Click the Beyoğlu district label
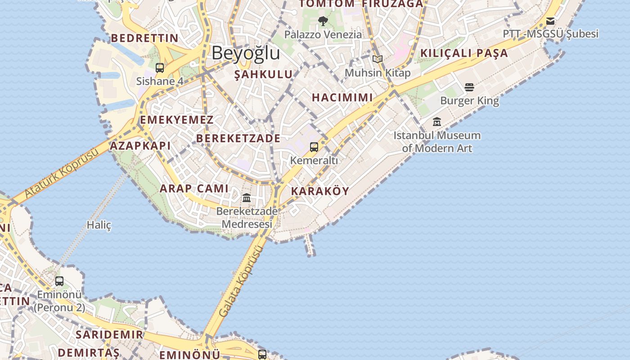pyautogui.click(x=246, y=53)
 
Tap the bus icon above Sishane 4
pyautogui.click(x=160, y=68)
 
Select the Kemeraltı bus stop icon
pyautogui.click(x=314, y=147)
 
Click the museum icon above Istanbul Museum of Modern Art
pyautogui.click(x=436, y=121)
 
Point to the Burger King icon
pyautogui.click(x=469, y=87)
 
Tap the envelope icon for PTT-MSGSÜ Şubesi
pyautogui.click(x=550, y=21)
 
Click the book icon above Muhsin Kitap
pyautogui.click(x=378, y=59)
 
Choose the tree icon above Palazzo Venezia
pyautogui.click(x=323, y=21)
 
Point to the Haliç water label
pyautogui.click(x=99, y=225)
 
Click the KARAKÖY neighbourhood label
pyautogui.click(x=320, y=191)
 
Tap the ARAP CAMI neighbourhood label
pyautogui.click(x=194, y=189)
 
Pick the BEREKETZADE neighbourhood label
pyautogui.click(x=238, y=139)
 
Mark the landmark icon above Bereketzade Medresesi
pyautogui.click(x=247, y=198)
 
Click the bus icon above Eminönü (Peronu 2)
pyautogui.click(x=59, y=281)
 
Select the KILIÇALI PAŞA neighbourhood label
pyautogui.click(x=464, y=53)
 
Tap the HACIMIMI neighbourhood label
pyautogui.click(x=342, y=97)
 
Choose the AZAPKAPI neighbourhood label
pyautogui.click(x=140, y=145)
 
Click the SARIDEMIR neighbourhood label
pyautogui.click(x=109, y=334)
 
